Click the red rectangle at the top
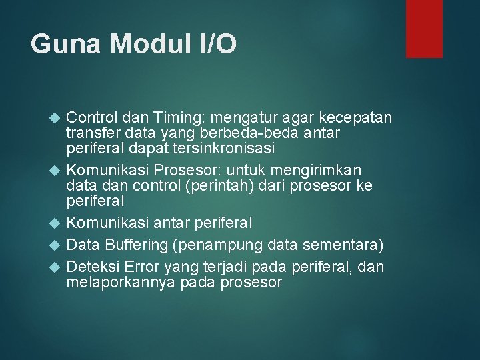pyautogui.click(x=425, y=28)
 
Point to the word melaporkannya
pyautogui.click(x=121, y=283)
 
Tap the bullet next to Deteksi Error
pyautogui.click(x=55, y=267)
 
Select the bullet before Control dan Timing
pyautogui.click(x=55, y=119)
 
